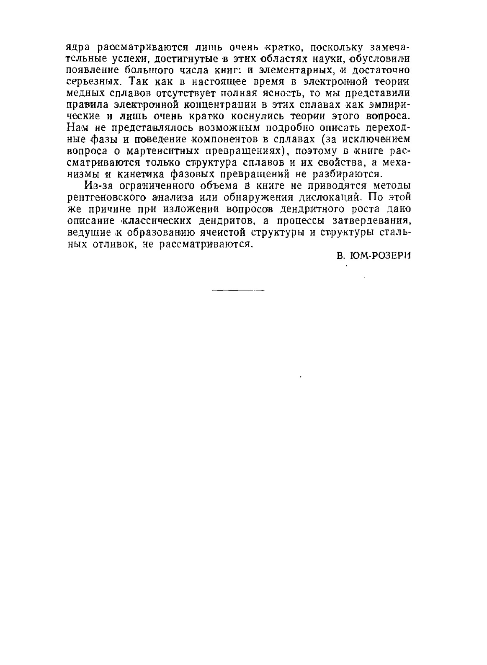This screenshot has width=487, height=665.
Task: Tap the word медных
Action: tap(86, 92)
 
